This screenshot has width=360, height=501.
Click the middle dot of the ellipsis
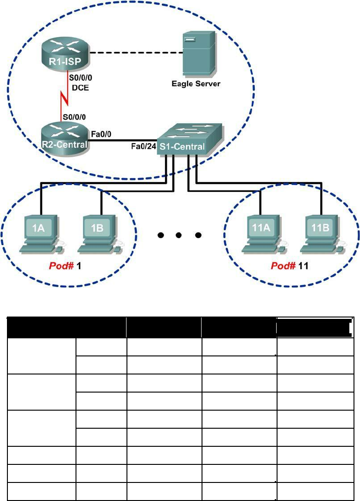[178, 235]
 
